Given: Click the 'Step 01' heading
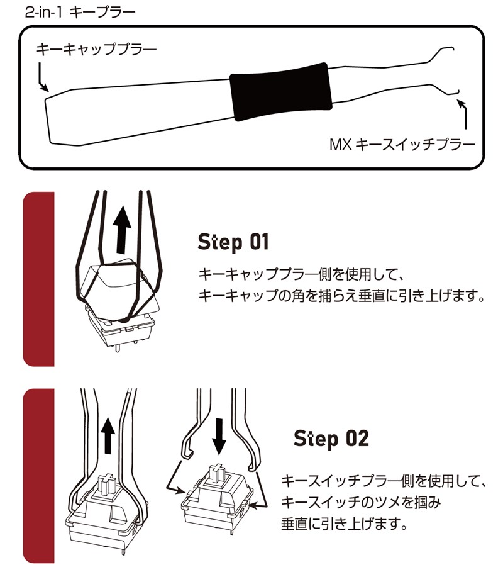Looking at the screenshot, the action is [x=233, y=242].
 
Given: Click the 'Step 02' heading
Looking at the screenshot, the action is [x=331, y=438].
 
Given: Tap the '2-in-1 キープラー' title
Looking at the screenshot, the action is [x=80, y=12].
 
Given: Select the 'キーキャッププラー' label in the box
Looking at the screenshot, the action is [x=96, y=49].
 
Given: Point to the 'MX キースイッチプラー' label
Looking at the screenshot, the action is [x=402, y=145].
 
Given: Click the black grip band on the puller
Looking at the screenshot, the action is [x=281, y=91].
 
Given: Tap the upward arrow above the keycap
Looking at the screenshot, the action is [x=122, y=230].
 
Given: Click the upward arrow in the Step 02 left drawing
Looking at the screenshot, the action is [x=108, y=435].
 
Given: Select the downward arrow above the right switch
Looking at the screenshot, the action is [x=219, y=437].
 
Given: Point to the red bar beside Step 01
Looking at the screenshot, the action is [x=38, y=279].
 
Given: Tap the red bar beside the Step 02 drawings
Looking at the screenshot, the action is [x=38, y=476].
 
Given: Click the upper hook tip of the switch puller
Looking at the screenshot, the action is [x=453, y=48].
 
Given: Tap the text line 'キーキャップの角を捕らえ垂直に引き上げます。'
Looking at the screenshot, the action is [x=341, y=296].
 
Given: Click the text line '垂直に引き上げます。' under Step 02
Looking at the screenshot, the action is [x=345, y=524].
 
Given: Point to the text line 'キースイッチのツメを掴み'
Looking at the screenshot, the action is [x=361, y=502].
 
